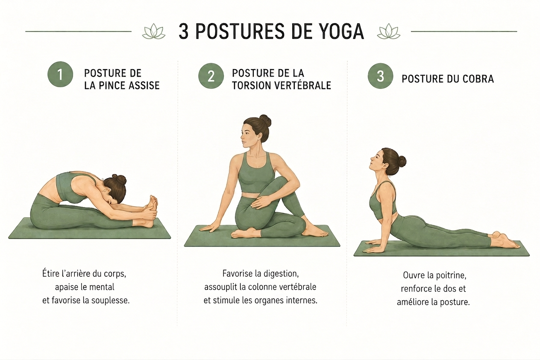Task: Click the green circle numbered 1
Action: pos(60,74)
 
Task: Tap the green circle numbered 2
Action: pos(211,76)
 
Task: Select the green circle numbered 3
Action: pos(380,76)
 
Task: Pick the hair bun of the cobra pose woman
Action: pos(402,161)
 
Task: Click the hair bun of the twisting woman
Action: pos(265,120)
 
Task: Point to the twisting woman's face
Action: pos(249,135)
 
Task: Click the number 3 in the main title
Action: pos(184,32)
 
